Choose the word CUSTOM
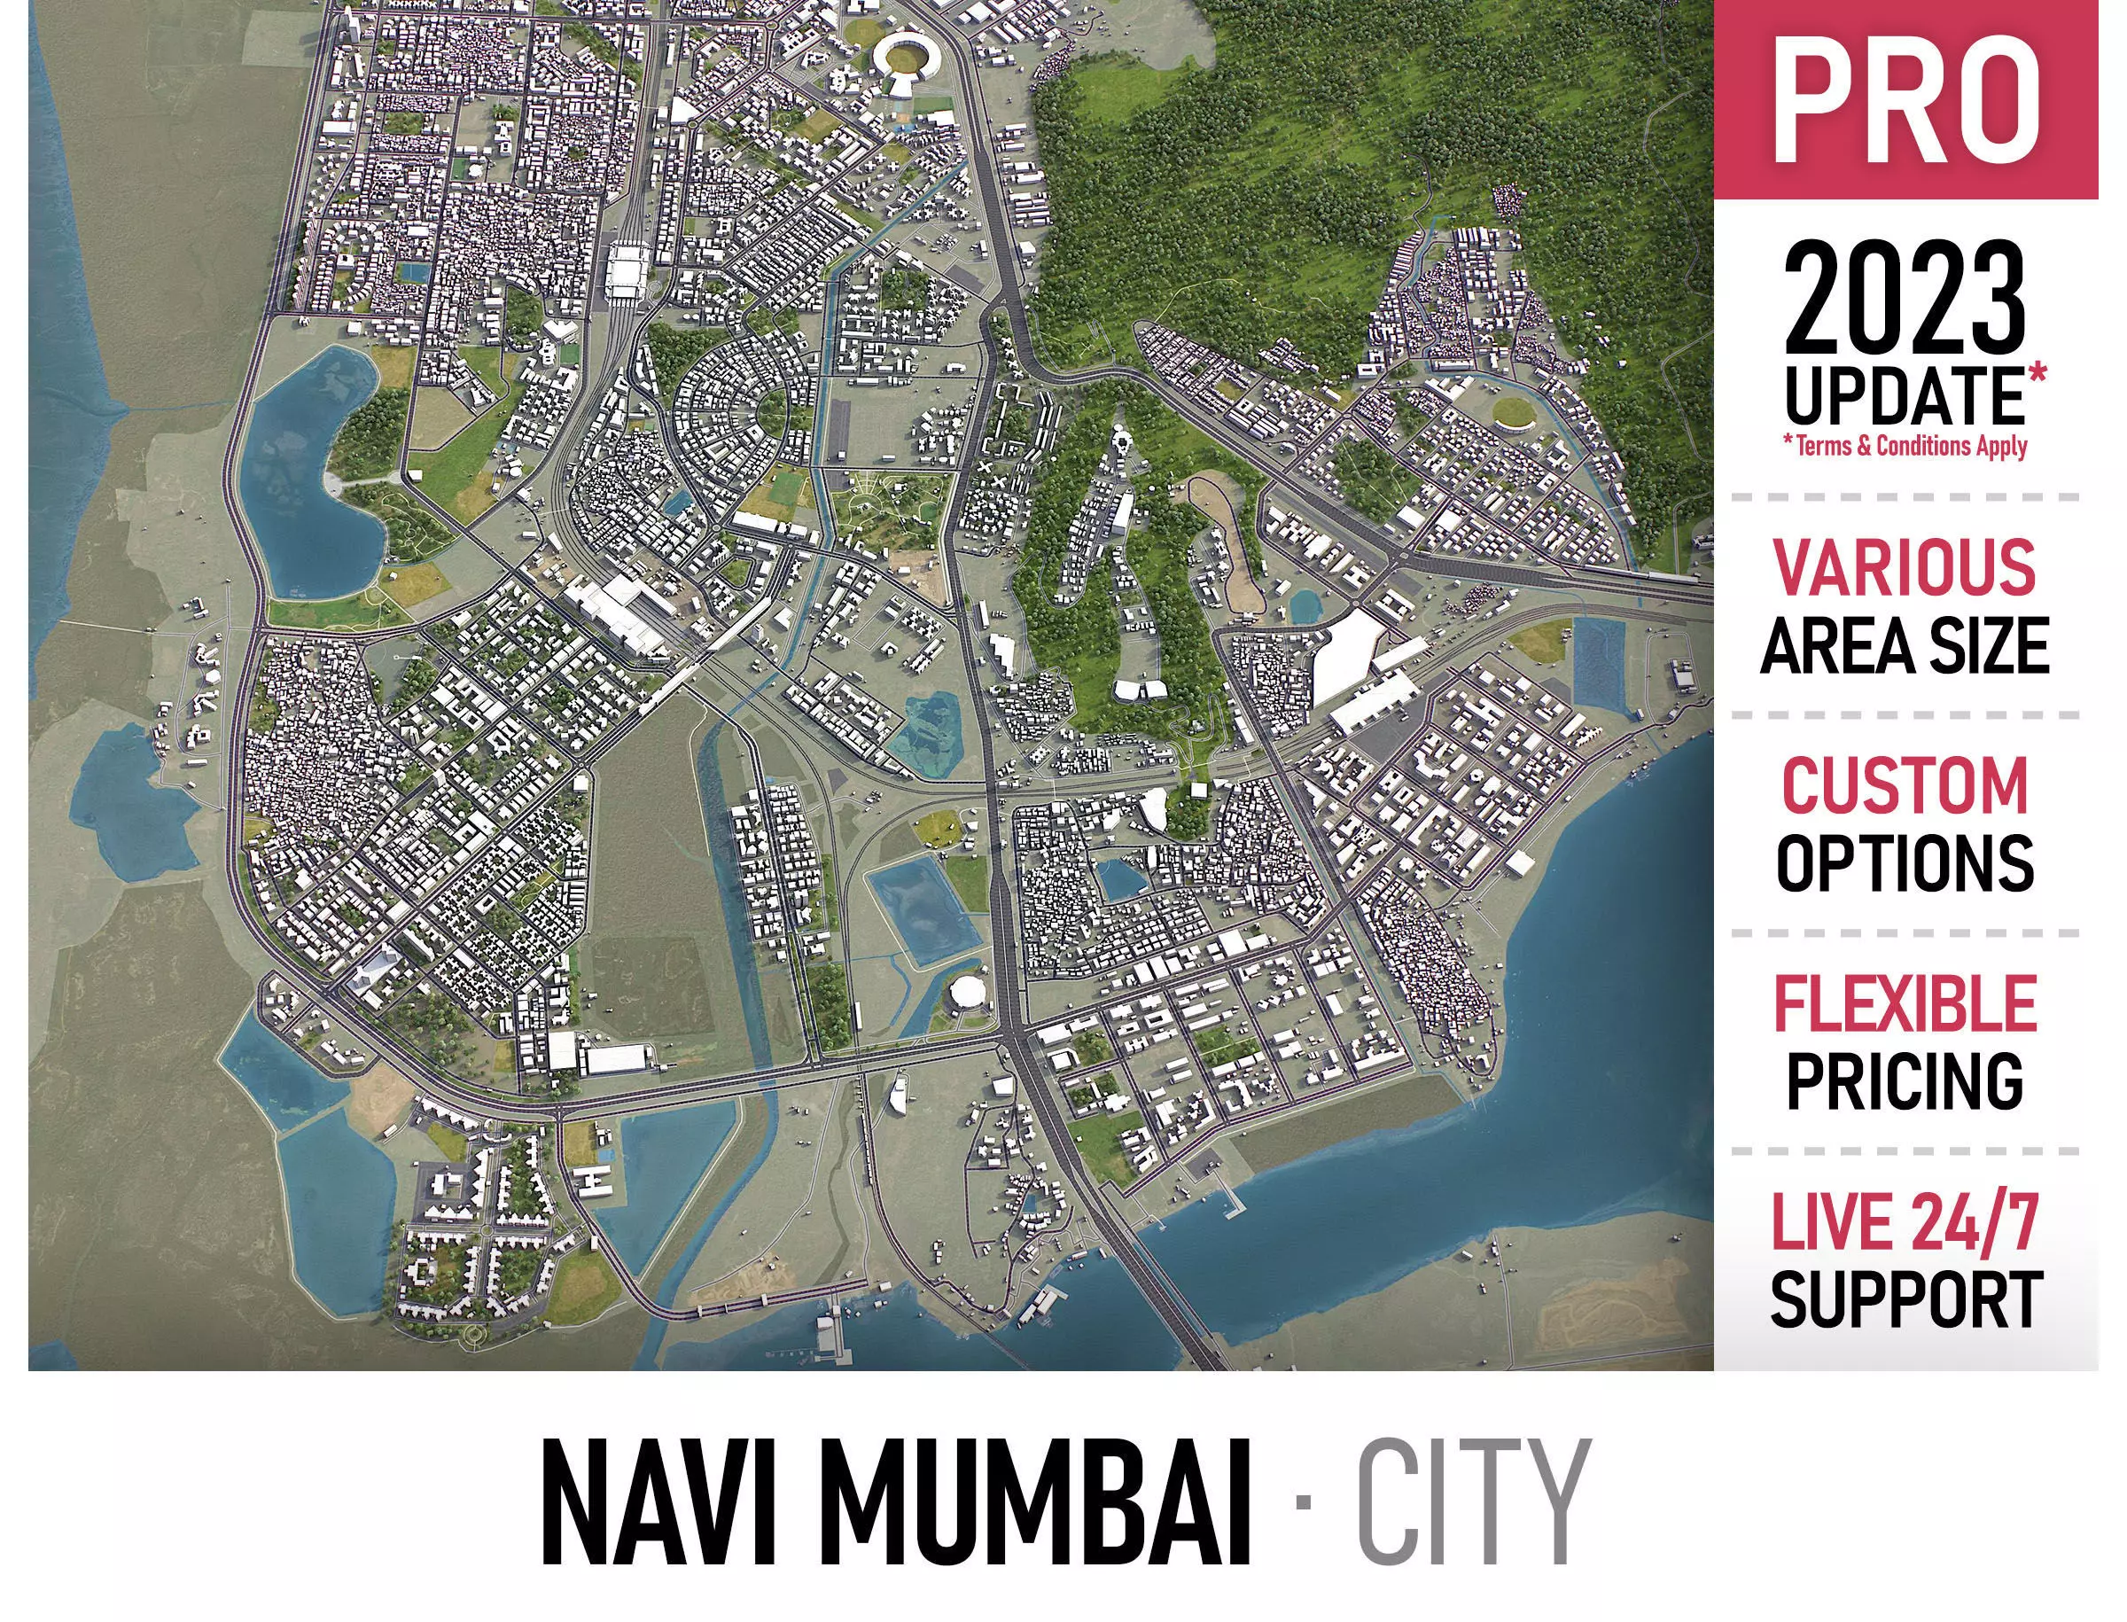pos(1904,786)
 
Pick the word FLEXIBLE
pos(1904,1004)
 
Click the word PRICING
pos(1904,1080)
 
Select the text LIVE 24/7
pos(1904,1222)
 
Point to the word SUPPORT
pos(1904,1299)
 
